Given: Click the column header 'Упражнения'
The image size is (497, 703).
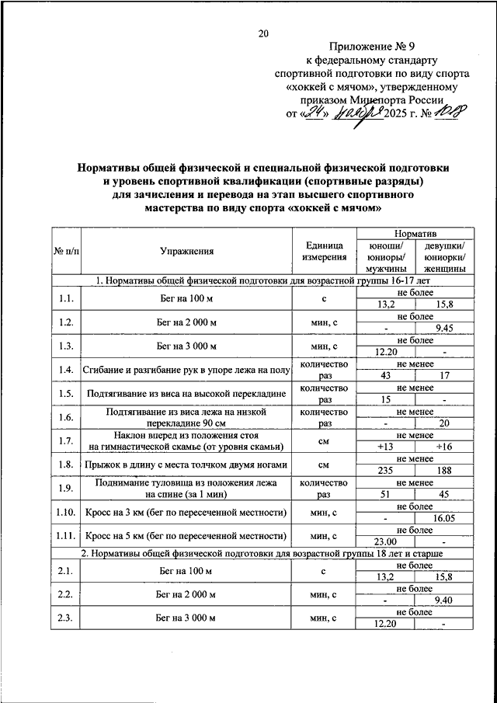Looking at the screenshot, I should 186,251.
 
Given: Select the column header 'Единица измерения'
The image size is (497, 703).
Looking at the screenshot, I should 324,251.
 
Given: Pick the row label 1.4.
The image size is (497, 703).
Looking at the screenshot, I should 65,371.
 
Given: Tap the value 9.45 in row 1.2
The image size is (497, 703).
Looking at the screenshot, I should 444,329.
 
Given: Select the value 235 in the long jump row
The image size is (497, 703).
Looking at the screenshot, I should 384,469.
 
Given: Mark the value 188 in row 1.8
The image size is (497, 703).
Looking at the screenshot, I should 444,469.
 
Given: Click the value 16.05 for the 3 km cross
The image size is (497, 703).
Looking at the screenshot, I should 444,517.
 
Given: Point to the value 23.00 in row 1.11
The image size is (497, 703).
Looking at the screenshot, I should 384,541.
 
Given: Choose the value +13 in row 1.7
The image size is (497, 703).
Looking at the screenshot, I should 384,446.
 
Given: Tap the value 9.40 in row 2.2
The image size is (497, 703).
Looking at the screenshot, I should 444,600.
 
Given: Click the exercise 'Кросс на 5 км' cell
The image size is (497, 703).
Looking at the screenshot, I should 186,536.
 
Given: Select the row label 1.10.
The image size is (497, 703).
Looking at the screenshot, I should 65,512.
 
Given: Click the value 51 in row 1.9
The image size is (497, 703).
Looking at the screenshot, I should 384,493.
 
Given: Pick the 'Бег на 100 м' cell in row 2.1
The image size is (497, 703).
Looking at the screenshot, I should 186,571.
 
